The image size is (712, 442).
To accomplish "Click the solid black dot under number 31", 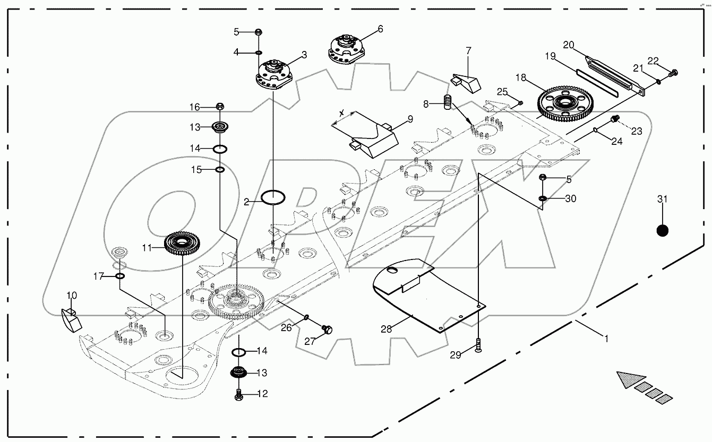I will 662,231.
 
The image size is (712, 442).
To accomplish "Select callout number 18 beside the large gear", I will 521,78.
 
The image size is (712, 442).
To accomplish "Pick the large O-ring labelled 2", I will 273,198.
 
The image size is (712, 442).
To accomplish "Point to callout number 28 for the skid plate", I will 386,329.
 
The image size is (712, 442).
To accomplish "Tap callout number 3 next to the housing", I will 304,55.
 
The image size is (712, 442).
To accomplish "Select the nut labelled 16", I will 220,107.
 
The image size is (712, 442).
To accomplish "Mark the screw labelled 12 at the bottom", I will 239,394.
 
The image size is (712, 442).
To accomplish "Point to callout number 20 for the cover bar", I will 569,45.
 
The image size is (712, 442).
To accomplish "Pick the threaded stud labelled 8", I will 447,101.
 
